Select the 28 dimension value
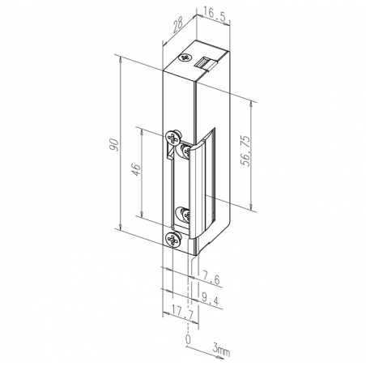click(177, 25)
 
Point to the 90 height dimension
click(114, 145)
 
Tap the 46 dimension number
click(136, 169)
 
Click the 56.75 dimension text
click(245, 151)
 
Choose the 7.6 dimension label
click(211, 279)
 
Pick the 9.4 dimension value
click(211, 300)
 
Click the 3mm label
click(221, 351)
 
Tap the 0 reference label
click(188, 339)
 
